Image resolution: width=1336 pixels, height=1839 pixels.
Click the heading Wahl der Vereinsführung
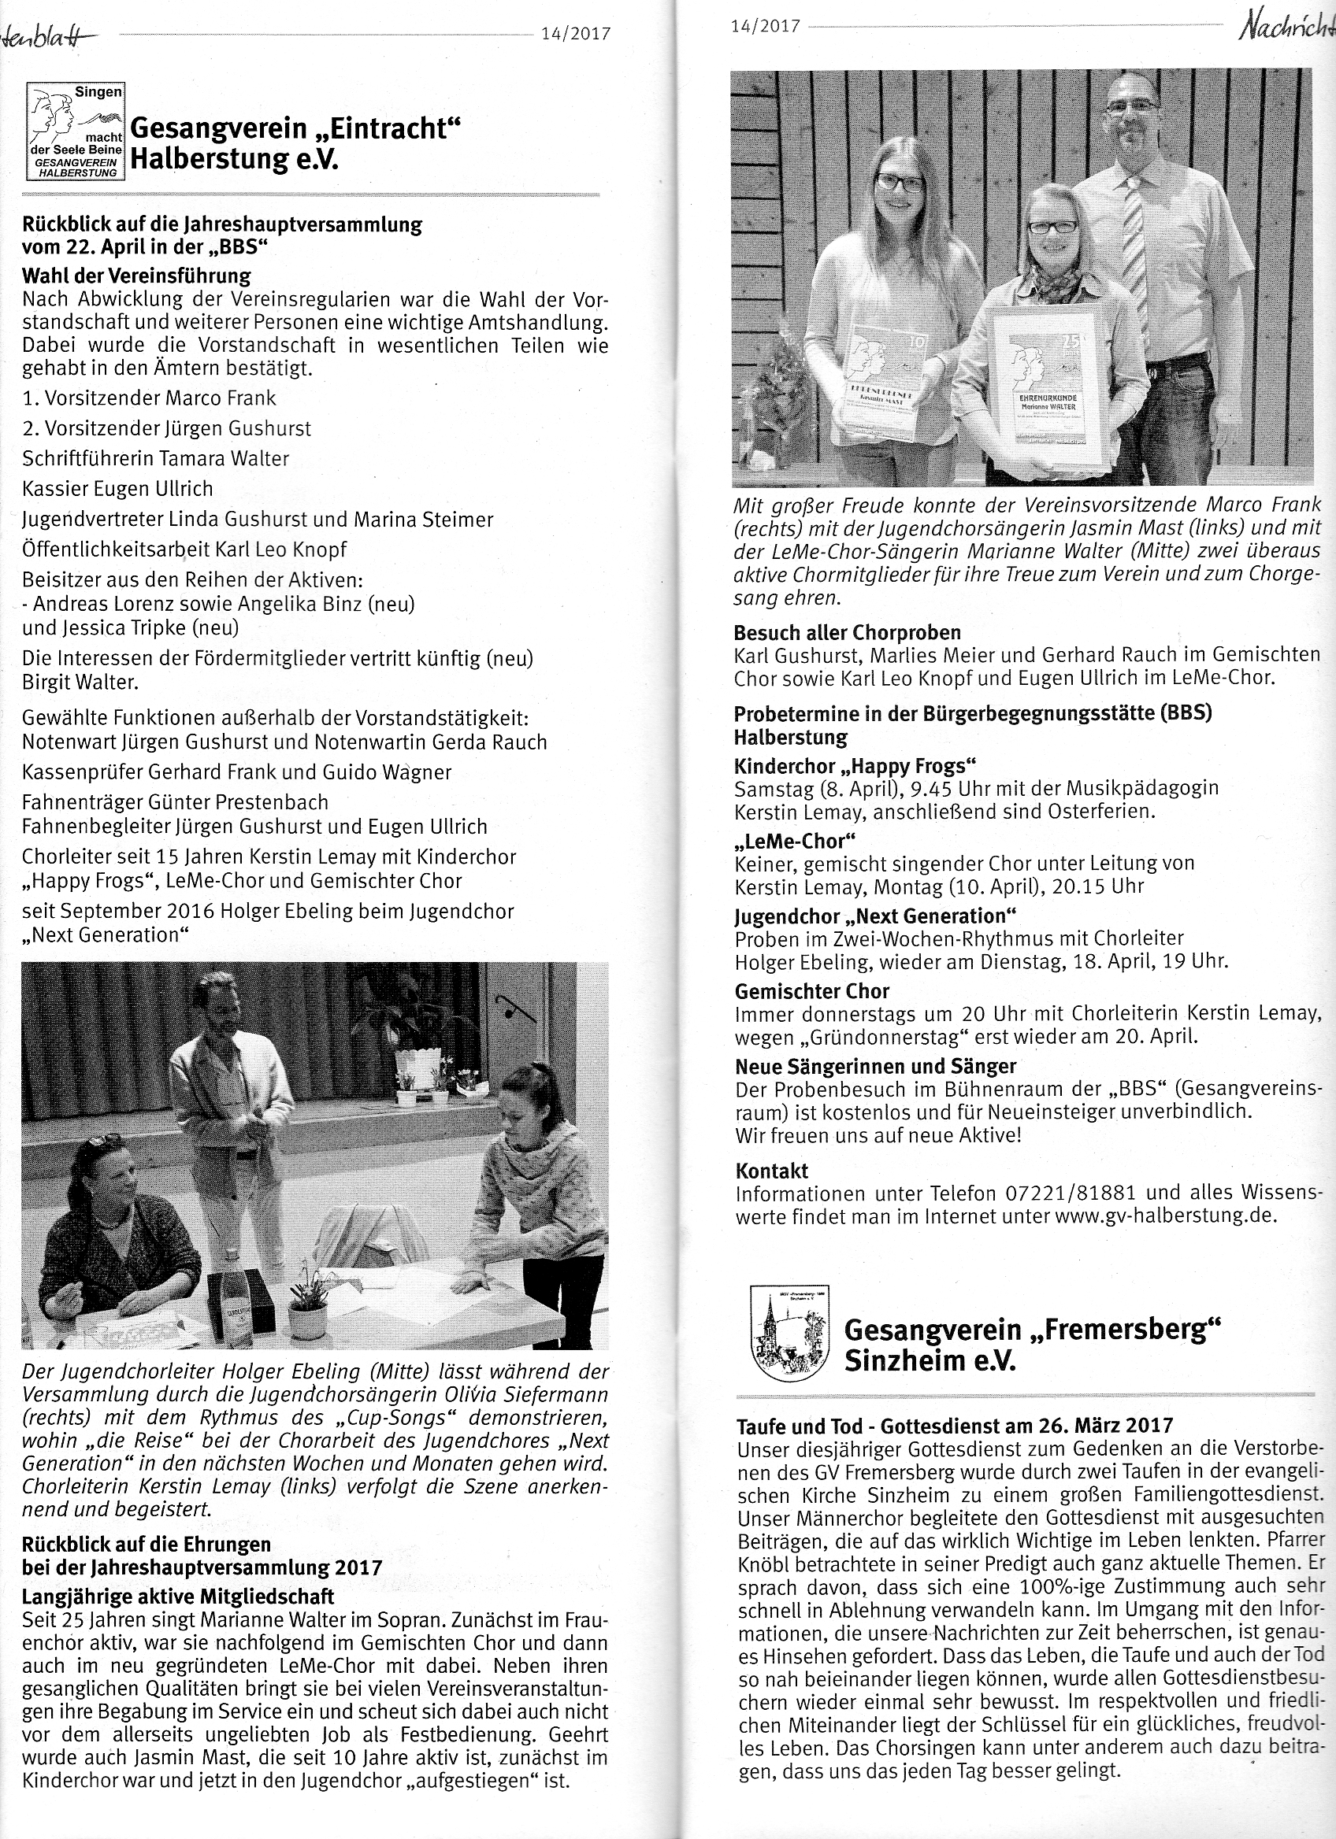click(x=136, y=276)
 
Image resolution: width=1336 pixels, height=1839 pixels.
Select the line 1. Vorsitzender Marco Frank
click(x=149, y=398)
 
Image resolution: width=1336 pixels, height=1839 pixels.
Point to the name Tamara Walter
click(x=223, y=459)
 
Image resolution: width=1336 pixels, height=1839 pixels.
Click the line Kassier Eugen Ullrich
click(x=117, y=489)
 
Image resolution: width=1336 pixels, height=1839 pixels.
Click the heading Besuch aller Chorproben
click(x=847, y=632)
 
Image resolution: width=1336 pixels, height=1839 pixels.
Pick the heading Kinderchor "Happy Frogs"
click(x=855, y=765)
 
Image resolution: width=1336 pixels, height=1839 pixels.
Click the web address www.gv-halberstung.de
click(x=1166, y=1216)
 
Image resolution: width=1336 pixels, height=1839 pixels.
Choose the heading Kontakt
click(x=771, y=1171)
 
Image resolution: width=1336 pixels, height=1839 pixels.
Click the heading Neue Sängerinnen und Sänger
click(x=875, y=1066)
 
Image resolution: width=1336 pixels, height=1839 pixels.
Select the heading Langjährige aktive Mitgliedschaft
click(x=178, y=1597)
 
